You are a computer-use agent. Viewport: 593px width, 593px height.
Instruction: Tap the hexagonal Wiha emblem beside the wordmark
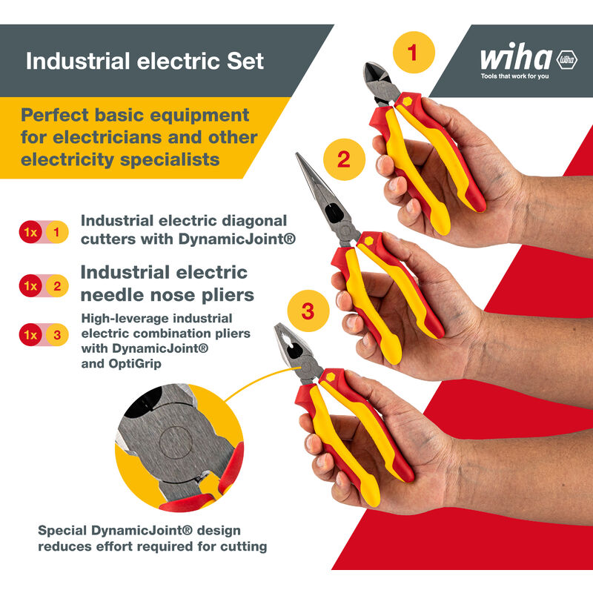click(566, 60)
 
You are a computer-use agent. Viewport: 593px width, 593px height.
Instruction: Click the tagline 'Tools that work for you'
click(514, 76)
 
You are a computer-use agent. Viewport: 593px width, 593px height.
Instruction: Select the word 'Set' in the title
click(245, 62)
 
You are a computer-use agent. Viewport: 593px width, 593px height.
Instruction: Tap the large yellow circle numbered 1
click(414, 52)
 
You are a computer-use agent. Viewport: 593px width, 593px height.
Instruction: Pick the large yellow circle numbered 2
click(344, 159)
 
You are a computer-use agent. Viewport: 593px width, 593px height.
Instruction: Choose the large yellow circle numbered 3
click(308, 311)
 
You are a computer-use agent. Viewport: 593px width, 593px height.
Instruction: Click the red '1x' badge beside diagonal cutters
click(30, 232)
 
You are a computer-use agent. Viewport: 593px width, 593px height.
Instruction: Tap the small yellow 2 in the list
click(57, 286)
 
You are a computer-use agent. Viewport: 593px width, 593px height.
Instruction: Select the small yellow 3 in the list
click(57, 335)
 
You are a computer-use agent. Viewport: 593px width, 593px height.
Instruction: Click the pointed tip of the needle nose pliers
click(297, 154)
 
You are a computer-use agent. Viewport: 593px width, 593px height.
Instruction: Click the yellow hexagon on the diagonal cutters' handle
click(407, 102)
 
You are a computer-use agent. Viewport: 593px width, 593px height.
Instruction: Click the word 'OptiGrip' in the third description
click(135, 364)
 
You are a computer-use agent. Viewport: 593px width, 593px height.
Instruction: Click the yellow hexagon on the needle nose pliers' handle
click(368, 240)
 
